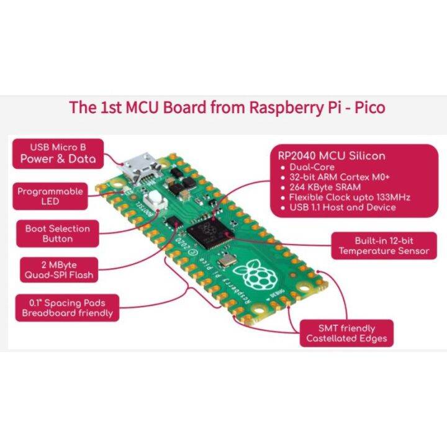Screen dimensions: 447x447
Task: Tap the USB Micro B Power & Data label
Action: (x=58, y=153)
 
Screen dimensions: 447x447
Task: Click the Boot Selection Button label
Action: (x=58, y=233)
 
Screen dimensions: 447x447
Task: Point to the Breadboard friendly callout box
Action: (x=67, y=308)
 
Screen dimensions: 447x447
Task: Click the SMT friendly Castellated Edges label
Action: (x=346, y=333)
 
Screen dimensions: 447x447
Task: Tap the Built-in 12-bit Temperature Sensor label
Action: (x=383, y=246)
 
